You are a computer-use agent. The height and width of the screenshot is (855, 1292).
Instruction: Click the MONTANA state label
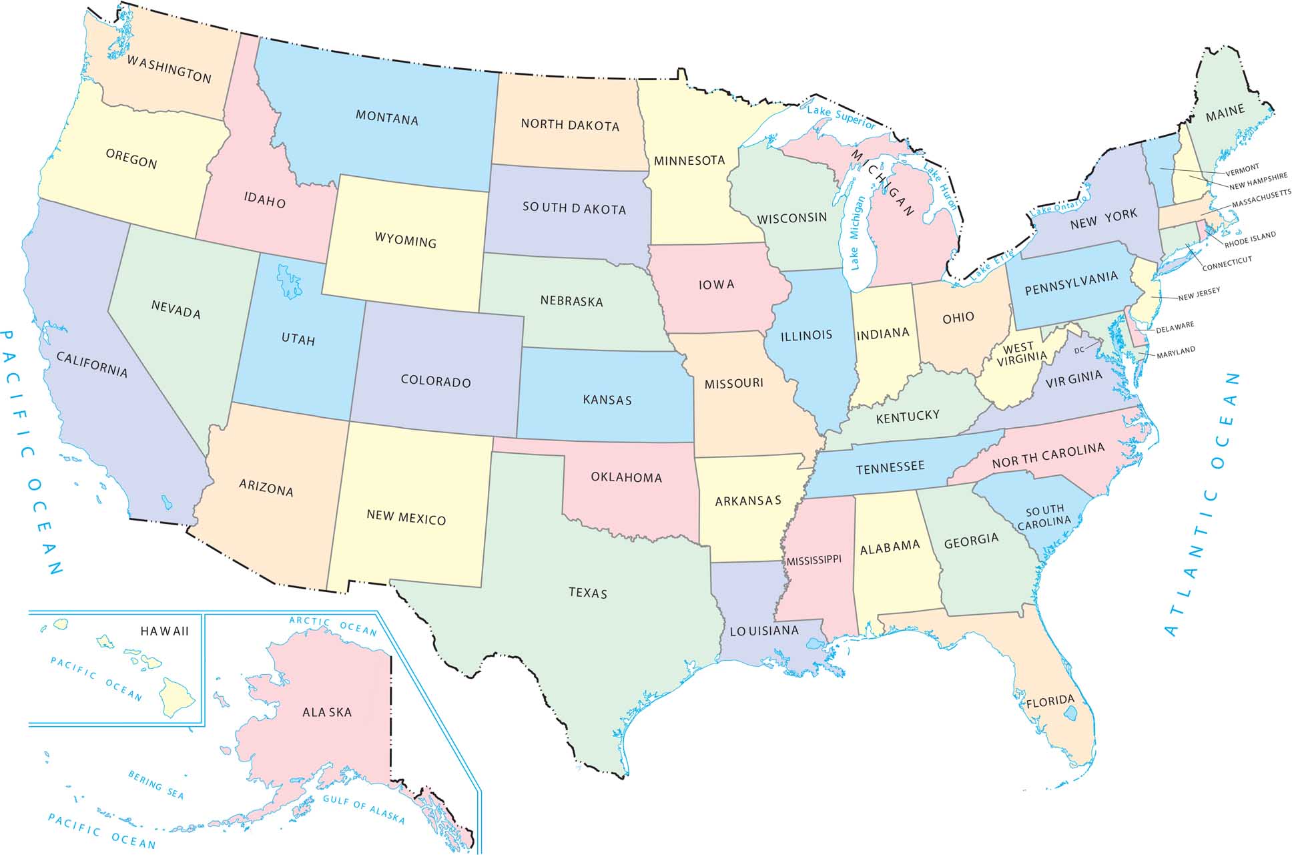click(386, 118)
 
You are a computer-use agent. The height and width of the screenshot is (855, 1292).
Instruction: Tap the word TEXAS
click(587, 593)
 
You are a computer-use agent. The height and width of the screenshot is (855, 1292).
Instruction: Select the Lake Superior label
click(841, 116)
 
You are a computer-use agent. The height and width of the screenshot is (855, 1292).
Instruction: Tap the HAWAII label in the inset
click(164, 631)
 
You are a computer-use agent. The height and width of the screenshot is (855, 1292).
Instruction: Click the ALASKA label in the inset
click(326, 713)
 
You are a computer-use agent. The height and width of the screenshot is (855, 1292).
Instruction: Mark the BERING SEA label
click(155, 784)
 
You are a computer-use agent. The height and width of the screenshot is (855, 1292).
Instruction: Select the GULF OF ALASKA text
click(364, 809)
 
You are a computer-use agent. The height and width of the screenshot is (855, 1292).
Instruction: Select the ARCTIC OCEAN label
click(332, 625)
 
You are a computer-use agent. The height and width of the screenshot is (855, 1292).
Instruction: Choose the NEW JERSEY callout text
click(1199, 294)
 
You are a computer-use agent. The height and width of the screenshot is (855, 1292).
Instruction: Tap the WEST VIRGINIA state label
click(1020, 354)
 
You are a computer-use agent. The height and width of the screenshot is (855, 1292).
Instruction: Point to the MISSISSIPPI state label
click(814, 561)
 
